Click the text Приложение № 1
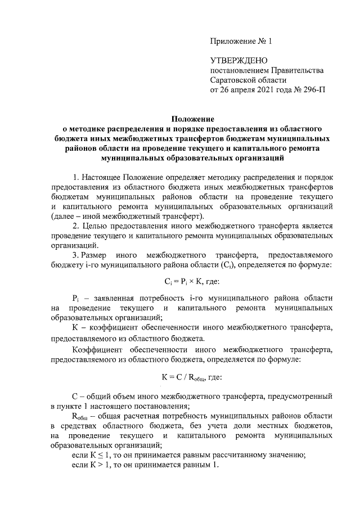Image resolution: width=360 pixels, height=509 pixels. point(240,41)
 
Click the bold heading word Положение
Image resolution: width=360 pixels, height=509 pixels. point(193,119)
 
